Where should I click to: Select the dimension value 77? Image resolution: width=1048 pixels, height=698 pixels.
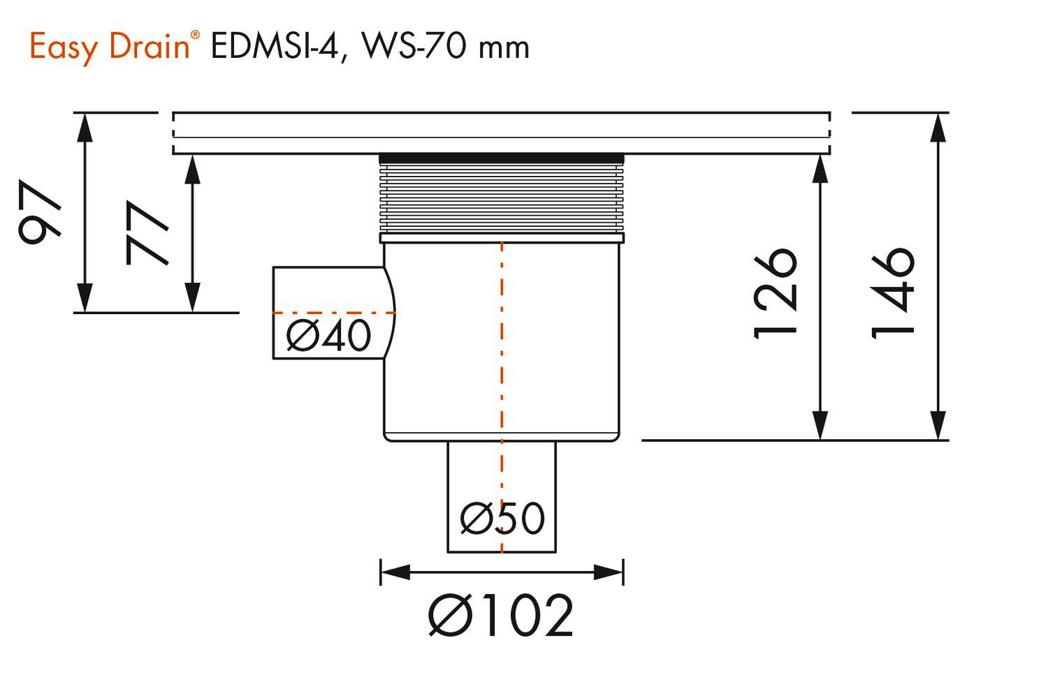[147, 234]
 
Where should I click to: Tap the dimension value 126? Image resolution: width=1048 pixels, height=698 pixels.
[776, 293]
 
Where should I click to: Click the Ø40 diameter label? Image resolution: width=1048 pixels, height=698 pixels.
[328, 336]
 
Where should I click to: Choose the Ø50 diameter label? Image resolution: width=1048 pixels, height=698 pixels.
[502, 519]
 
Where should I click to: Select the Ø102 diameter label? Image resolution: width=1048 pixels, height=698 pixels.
[501, 616]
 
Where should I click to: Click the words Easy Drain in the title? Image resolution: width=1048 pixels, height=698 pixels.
[108, 47]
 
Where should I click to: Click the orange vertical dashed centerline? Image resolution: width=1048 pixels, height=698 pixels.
[502, 349]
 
